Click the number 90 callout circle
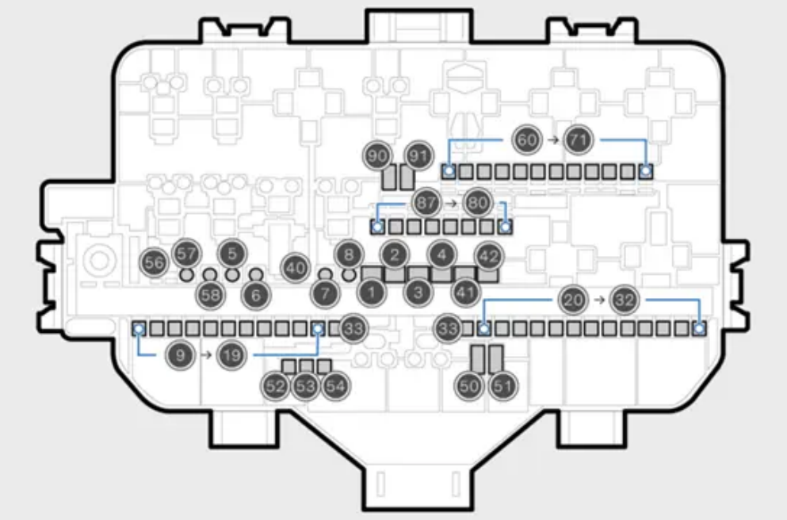(x=377, y=156)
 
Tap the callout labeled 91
(x=418, y=156)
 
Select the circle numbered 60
(x=527, y=140)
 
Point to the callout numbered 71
(x=579, y=140)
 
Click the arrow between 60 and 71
(x=552, y=140)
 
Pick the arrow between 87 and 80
(x=451, y=203)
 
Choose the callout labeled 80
(x=477, y=203)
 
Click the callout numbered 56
(x=154, y=262)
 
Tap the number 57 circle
(x=186, y=254)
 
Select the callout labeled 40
(x=295, y=268)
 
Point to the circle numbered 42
(x=489, y=257)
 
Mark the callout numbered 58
(x=210, y=295)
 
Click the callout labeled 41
(x=466, y=292)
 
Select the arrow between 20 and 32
(x=599, y=300)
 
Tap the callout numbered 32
(x=625, y=300)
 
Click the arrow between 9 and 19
(x=206, y=355)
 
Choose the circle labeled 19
(x=231, y=355)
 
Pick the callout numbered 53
(x=305, y=386)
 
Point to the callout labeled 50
(x=469, y=386)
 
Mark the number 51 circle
(x=503, y=386)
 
